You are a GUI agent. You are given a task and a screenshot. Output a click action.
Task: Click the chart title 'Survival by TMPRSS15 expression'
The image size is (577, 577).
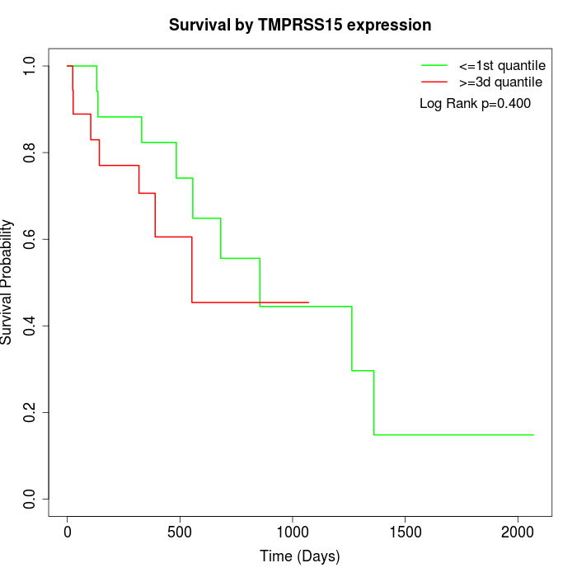(x=300, y=26)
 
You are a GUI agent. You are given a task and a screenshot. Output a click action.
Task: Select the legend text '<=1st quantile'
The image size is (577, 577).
(x=502, y=64)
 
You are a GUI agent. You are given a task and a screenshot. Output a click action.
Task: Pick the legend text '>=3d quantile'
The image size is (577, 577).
(x=501, y=82)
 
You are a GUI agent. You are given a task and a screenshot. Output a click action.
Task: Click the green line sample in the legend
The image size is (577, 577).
(x=434, y=64)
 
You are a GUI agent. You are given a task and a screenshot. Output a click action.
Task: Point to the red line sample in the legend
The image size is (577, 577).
(x=434, y=82)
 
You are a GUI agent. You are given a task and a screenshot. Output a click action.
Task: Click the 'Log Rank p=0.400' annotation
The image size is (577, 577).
(x=475, y=104)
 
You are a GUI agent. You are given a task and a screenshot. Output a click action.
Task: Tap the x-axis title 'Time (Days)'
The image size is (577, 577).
(x=300, y=556)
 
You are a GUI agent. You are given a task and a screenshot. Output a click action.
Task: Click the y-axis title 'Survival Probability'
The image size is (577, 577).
(x=7, y=282)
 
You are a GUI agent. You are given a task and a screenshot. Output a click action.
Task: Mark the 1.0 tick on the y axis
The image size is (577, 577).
(x=30, y=66)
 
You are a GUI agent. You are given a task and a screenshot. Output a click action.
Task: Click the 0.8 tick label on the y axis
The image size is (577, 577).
(x=30, y=152)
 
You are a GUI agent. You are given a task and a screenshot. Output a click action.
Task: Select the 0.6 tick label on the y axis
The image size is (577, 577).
(x=30, y=239)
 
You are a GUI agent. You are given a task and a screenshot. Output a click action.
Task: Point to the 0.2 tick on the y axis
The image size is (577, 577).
(x=30, y=412)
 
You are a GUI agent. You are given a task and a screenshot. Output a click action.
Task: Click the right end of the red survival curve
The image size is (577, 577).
(x=308, y=303)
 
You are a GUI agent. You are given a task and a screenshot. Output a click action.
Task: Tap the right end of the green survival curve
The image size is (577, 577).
(x=533, y=434)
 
